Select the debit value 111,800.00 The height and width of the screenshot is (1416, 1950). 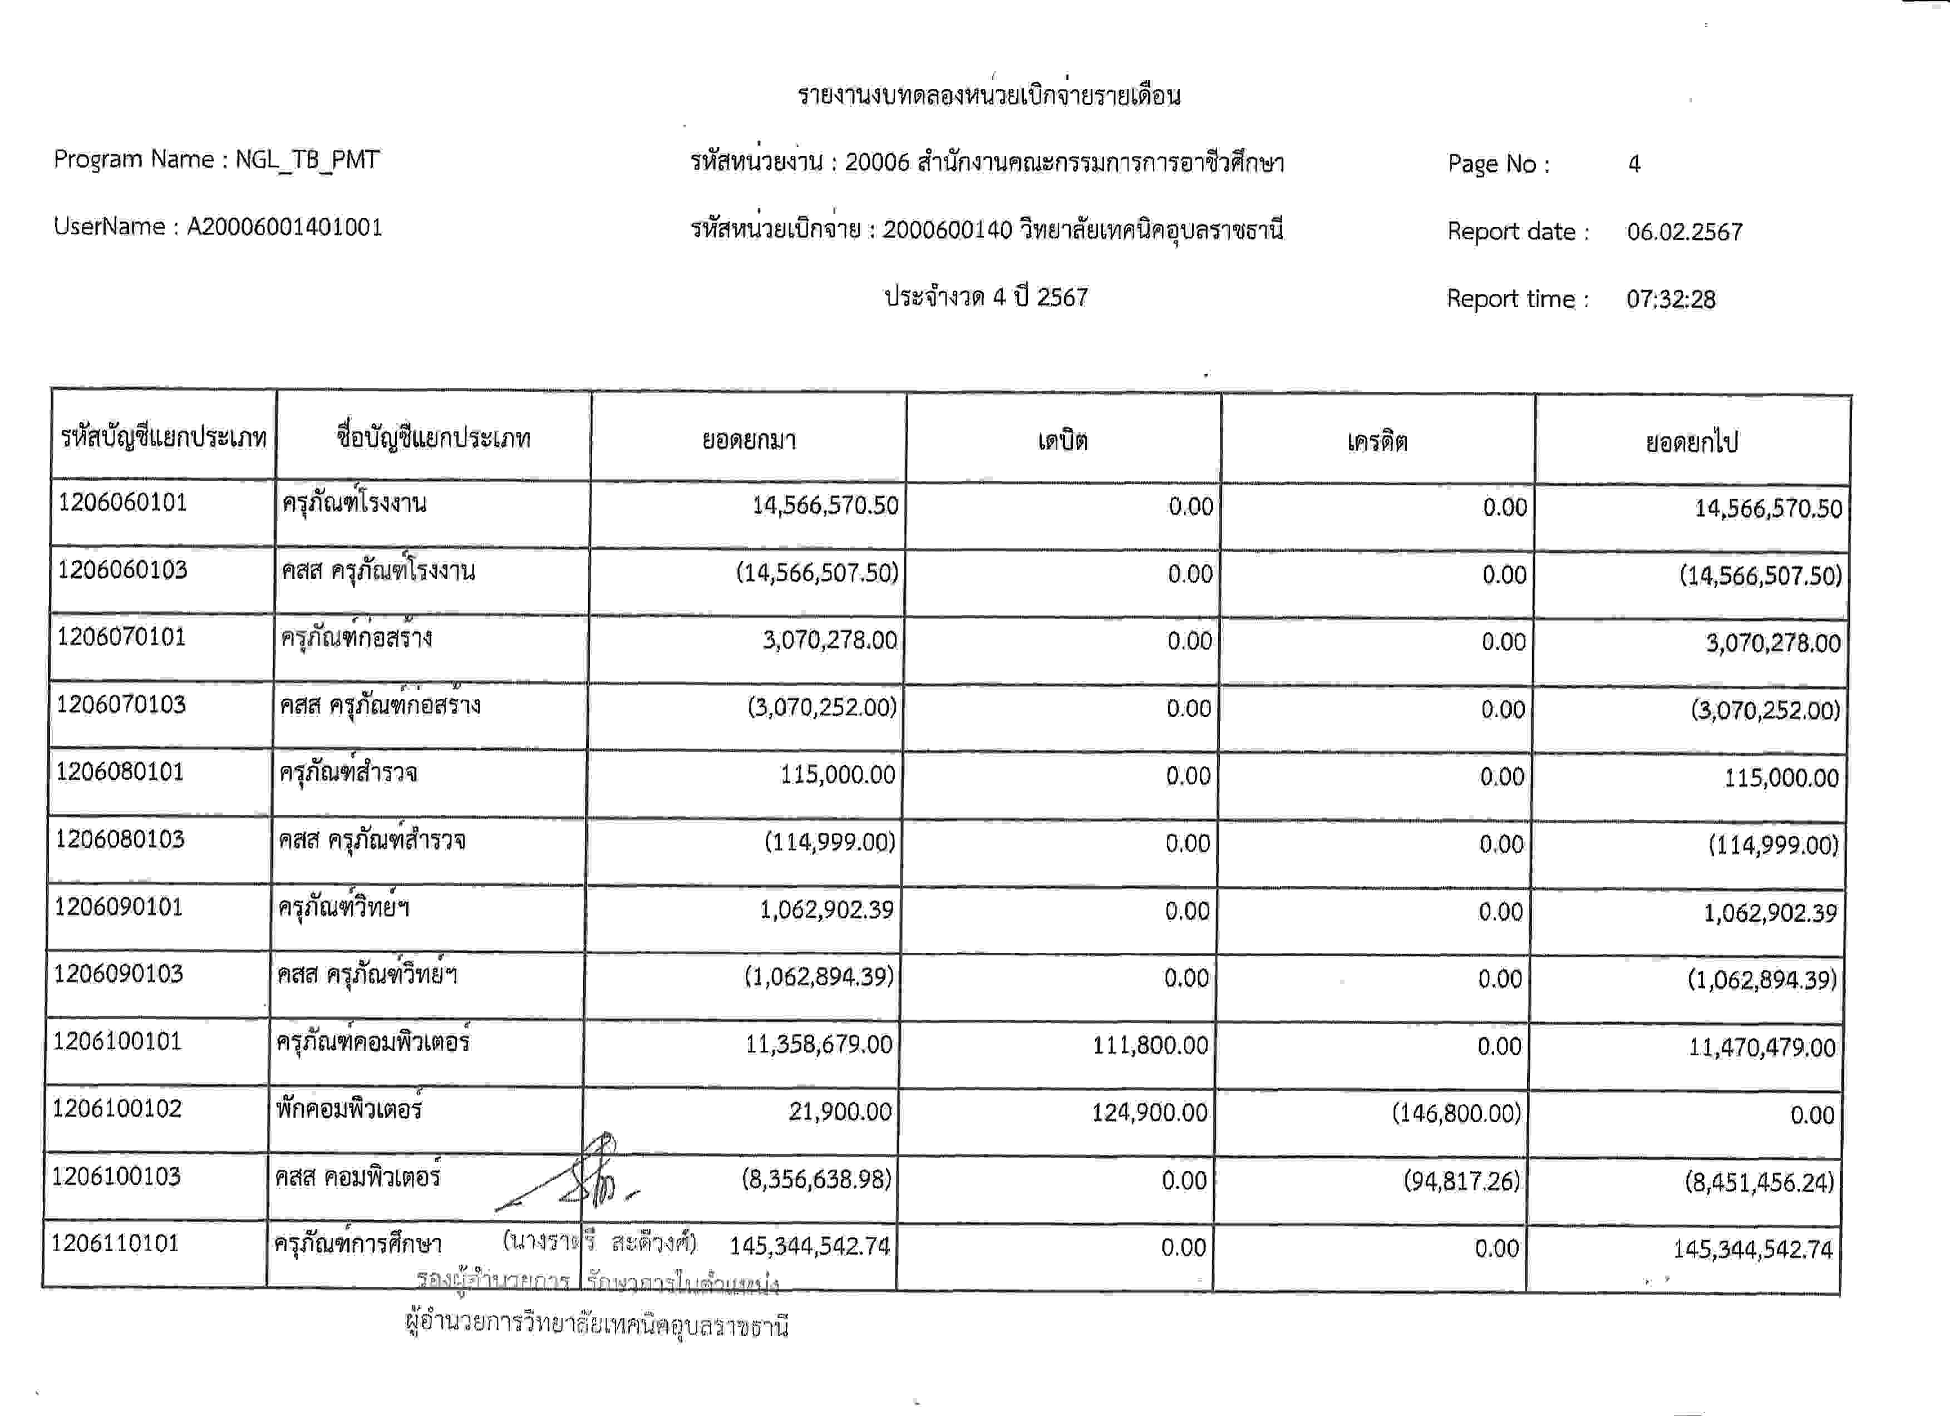[1150, 1045]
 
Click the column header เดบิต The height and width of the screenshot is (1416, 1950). [1063, 441]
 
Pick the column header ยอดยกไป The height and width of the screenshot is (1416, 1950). [1691, 442]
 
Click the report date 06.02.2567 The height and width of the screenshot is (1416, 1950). [1685, 232]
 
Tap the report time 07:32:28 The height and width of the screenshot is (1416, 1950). [1671, 299]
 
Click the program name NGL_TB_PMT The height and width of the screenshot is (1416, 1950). [307, 160]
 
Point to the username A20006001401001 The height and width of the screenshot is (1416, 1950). [284, 227]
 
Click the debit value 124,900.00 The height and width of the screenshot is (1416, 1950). [1150, 1113]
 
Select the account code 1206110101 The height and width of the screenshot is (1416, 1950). [115, 1243]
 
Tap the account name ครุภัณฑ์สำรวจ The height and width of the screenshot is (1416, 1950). [348, 773]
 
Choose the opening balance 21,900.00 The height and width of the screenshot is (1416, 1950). [840, 1112]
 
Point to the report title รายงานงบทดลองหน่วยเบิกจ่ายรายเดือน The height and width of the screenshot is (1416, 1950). [989, 95]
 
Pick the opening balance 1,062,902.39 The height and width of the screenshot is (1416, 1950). [826, 909]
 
